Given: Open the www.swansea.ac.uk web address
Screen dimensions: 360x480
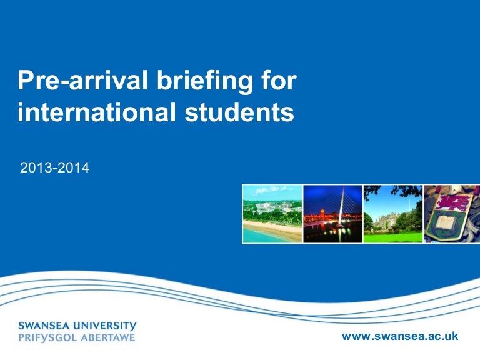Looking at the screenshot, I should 400,336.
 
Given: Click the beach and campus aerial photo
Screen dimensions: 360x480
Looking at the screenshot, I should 272,214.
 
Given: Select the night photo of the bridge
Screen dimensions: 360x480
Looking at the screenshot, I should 332,214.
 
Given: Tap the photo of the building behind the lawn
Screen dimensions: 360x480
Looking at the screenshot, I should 392,214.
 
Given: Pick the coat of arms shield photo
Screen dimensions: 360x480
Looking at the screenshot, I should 452,214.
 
